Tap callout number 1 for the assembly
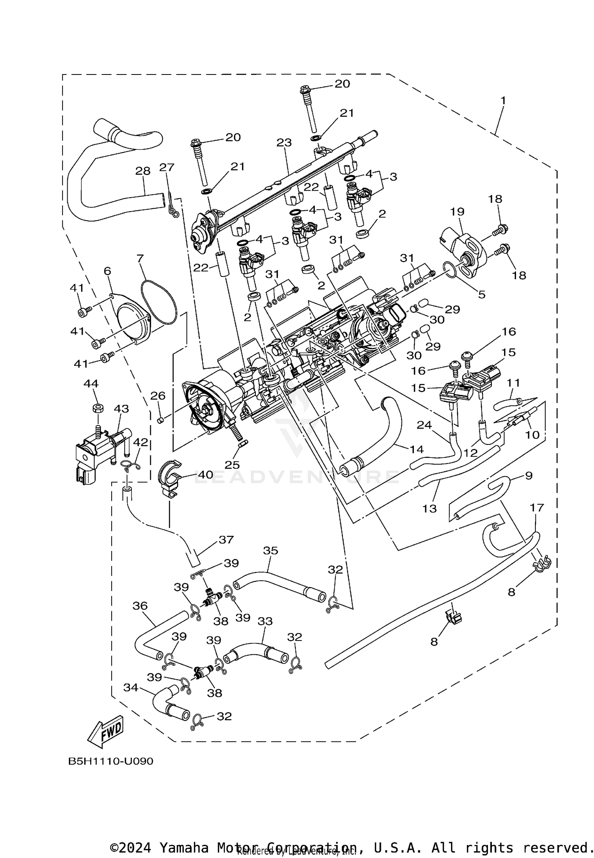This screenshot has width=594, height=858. pos(503,101)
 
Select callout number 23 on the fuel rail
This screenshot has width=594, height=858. pos(284,143)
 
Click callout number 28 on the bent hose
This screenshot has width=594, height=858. pos(143,171)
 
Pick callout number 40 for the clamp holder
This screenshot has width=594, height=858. pos(206,474)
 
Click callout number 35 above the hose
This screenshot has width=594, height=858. pos(271,550)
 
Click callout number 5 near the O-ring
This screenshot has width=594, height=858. pos(481,294)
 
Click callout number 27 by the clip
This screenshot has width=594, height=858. pos(167,167)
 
